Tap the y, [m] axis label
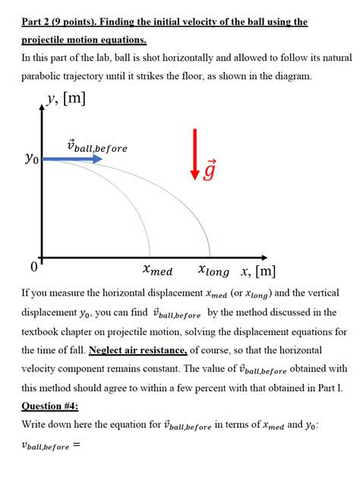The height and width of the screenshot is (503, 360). (67, 119)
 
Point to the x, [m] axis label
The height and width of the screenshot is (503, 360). (257, 271)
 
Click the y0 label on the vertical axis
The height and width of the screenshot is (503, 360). (29, 160)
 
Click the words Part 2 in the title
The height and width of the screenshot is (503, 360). (38, 22)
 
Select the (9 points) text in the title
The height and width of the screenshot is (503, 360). (82, 22)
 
